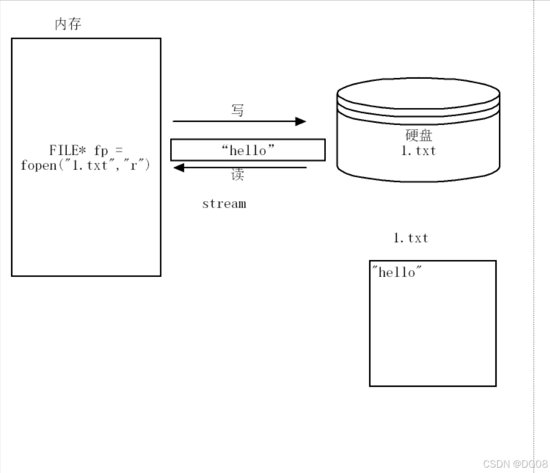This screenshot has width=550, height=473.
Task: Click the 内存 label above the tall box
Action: (x=68, y=24)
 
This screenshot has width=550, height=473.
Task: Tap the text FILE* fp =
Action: (x=86, y=150)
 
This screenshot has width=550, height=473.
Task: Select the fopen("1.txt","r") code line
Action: (x=86, y=165)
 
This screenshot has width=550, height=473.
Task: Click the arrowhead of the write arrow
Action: (x=301, y=121)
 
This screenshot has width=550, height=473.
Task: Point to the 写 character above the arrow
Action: (x=237, y=109)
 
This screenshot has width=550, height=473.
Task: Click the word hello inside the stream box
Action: (x=248, y=150)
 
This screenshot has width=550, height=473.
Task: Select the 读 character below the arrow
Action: (x=237, y=175)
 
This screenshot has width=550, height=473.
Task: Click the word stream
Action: (x=224, y=204)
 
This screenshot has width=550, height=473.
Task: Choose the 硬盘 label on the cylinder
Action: (x=419, y=136)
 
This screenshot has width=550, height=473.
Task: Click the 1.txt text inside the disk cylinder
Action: (x=419, y=151)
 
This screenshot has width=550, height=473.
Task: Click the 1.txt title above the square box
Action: (x=411, y=238)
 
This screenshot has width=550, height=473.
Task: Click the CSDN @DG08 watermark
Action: (x=515, y=464)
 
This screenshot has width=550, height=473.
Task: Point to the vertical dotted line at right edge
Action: (x=534, y=235)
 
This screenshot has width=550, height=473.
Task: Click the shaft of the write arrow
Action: (x=235, y=121)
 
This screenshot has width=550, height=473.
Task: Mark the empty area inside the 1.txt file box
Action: (x=433, y=335)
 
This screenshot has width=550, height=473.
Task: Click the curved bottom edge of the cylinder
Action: (x=419, y=180)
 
